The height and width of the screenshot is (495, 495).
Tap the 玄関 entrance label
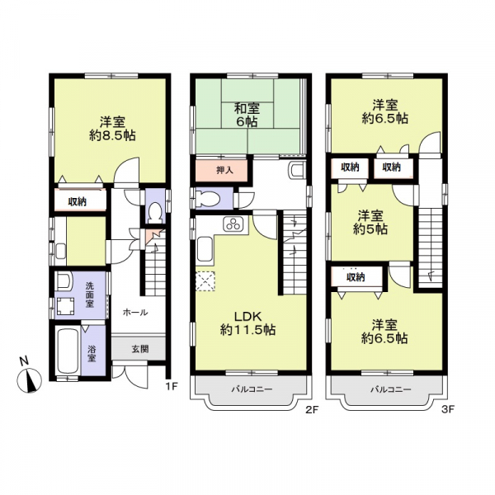(x=140, y=350)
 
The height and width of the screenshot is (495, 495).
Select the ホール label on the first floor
(x=135, y=313)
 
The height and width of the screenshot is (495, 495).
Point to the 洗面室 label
(x=90, y=295)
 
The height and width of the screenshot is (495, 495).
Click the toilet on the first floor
(x=155, y=212)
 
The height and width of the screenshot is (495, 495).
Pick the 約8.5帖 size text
(x=112, y=136)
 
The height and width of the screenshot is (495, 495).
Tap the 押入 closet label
(x=224, y=171)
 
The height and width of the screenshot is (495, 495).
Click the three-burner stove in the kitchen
(x=234, y=224)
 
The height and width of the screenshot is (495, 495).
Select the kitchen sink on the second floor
(x=205, y=249)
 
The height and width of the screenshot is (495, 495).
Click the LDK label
(x=247, y=316)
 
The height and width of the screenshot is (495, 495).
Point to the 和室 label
(x=247, y=108)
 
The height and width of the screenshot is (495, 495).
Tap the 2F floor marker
(x=312, y=410)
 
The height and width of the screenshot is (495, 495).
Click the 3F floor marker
(x=448, y=410)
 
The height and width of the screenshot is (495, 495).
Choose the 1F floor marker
(x=172, y=385)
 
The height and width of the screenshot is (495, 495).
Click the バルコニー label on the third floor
(x=391, y=389)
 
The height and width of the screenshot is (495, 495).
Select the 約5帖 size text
(x=370, y=229)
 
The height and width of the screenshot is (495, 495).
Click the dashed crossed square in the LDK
(x=205, y=280)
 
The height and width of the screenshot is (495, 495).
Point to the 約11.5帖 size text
(x=247, y=330)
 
